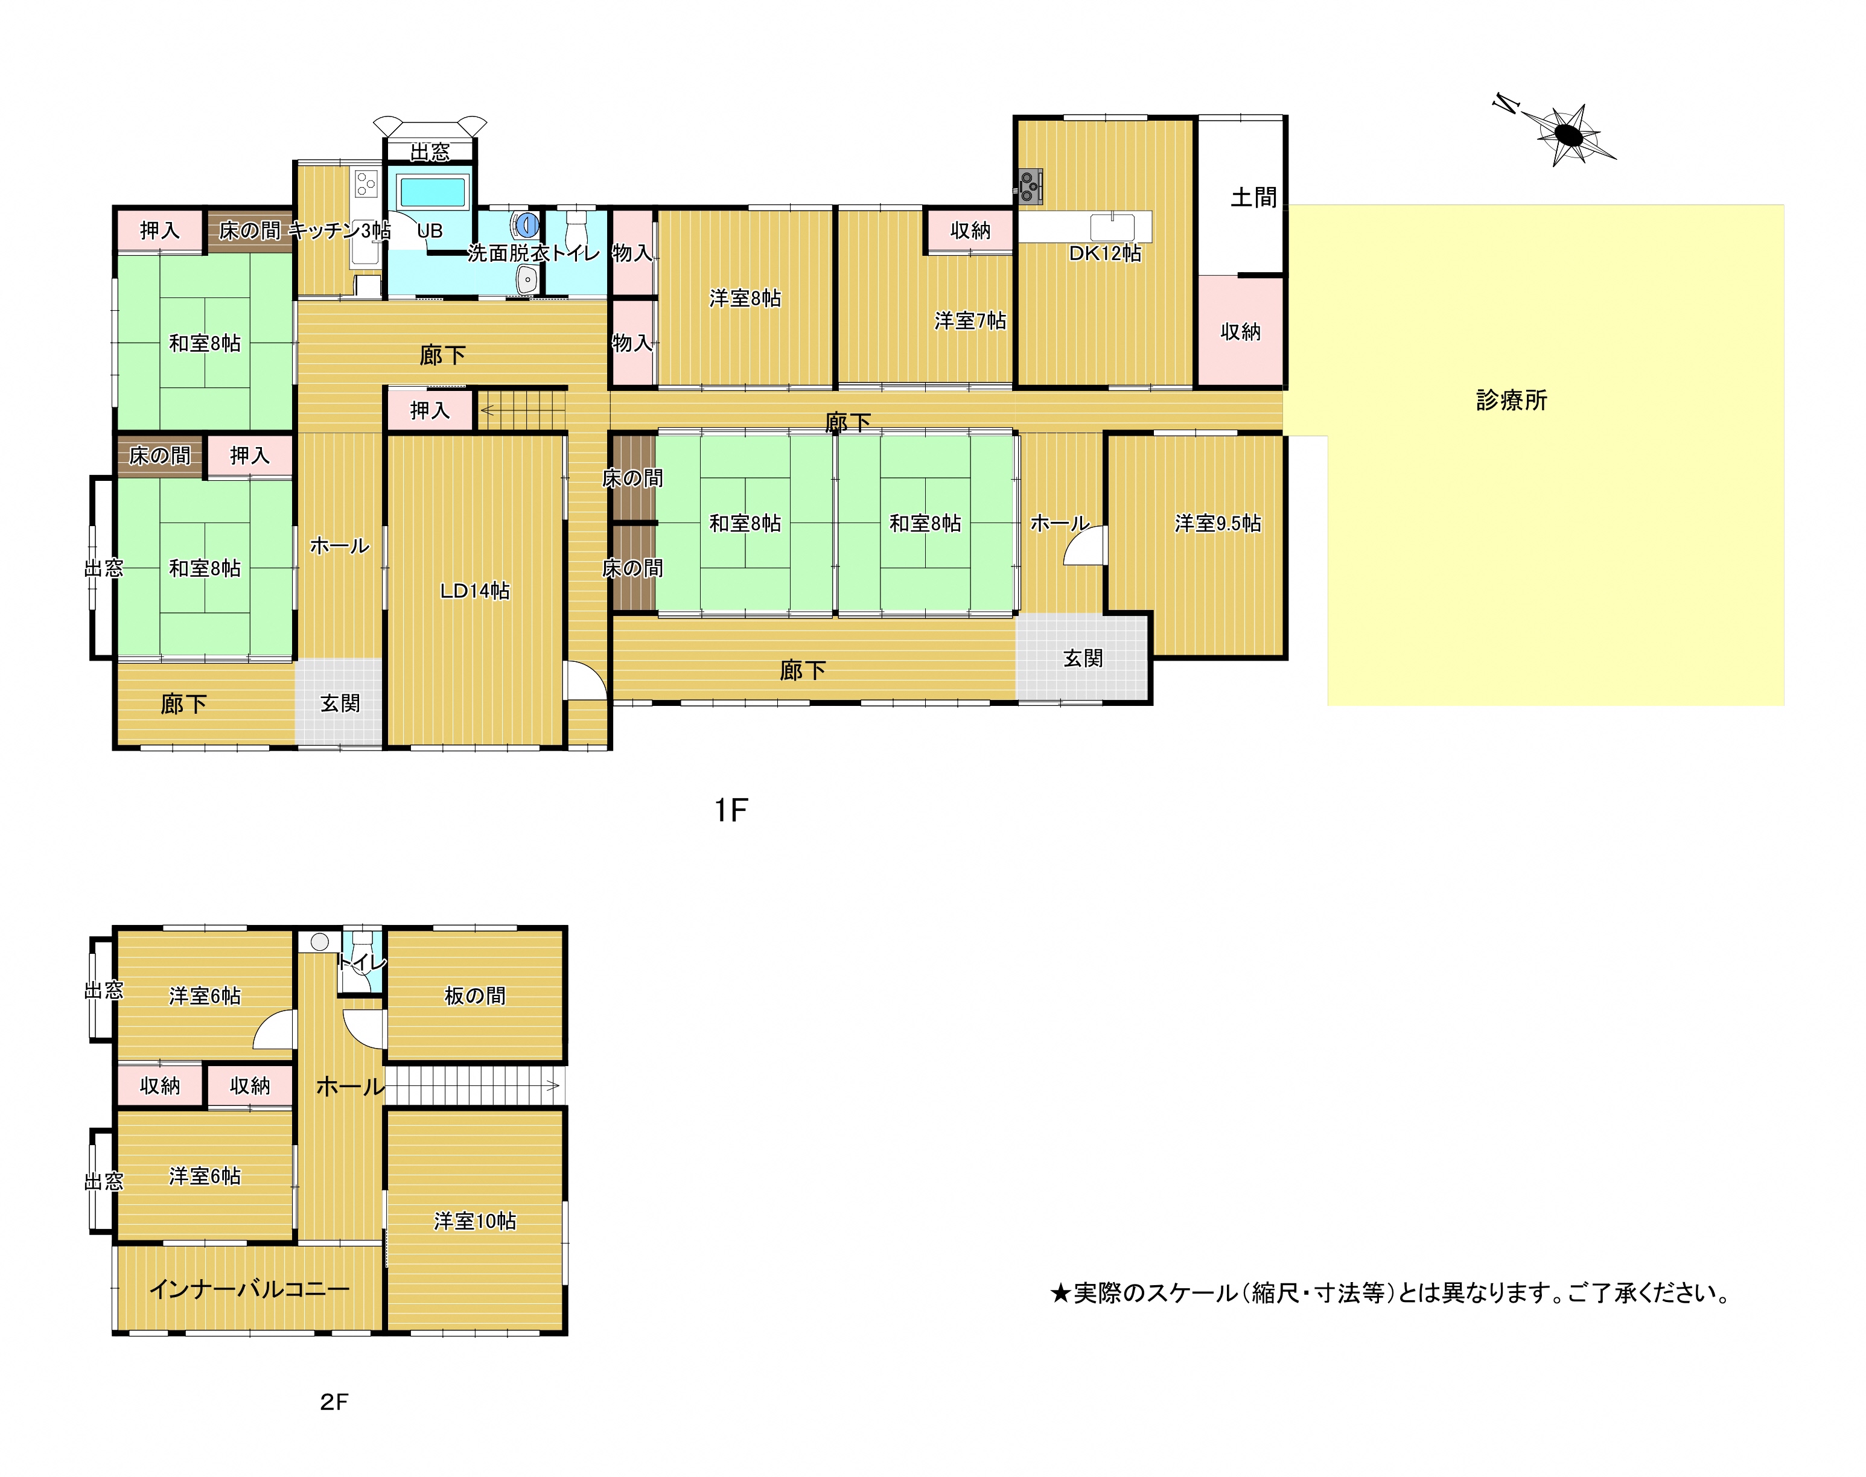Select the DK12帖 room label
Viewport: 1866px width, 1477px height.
click(x=1105, y=253)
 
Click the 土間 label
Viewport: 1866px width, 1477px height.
click(x=1253, y=198)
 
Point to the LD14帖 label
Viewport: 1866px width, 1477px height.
click(x=475, y=591)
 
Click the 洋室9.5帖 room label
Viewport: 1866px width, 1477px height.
click(x=1218, y=523)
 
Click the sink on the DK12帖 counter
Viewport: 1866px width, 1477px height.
click(x=1112, y=227)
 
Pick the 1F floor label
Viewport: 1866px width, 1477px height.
click(x=730, y=810)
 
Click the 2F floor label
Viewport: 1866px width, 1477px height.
click(x=334, y=1402)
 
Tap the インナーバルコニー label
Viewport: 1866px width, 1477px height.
click(x=249, y=1289)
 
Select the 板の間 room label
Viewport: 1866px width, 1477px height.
click(x=475, y=996)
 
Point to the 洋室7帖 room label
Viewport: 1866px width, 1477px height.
click(x=970, y=321)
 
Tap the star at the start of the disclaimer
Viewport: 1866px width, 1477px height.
click(x=1060, y=1294)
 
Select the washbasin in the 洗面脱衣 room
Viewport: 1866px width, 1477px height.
click(x=526, y=279)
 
